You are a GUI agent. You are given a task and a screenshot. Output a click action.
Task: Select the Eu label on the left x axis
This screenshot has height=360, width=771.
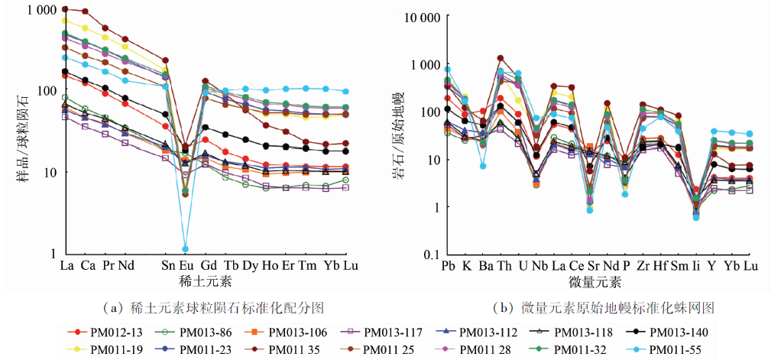[x=185, y=265]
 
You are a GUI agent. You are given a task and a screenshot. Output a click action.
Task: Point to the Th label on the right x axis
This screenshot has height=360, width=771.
[x=504, y=265]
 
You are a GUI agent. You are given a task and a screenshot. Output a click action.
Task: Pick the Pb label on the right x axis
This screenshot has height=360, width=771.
[x=447, y=265]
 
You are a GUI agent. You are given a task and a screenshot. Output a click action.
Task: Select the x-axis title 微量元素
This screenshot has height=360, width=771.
[x=598, y=281]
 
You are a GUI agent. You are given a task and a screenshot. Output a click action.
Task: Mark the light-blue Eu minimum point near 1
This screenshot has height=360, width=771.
[x=185, y=248]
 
